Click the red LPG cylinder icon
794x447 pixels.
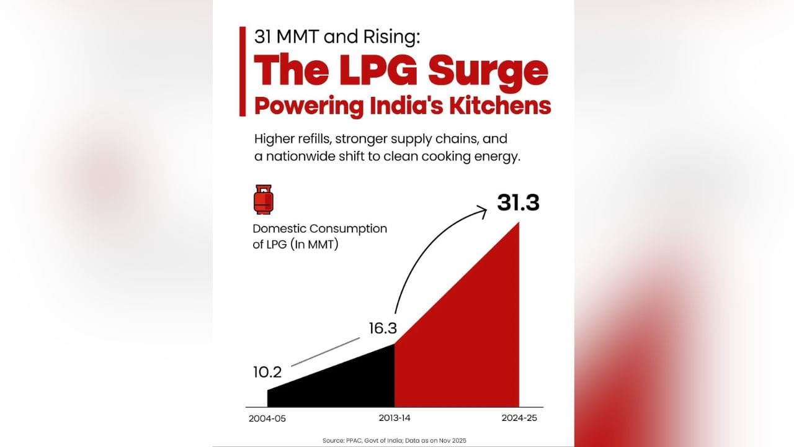263,199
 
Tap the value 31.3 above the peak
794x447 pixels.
518,203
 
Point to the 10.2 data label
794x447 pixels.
267,372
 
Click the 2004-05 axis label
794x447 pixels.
268,418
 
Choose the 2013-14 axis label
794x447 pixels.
394,418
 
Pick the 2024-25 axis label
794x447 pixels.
519,418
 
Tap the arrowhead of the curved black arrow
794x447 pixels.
483,212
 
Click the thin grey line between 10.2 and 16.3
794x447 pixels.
326,353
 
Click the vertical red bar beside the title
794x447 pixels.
242,71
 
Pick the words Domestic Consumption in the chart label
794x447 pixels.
319,228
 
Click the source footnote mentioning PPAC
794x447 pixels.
394,440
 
